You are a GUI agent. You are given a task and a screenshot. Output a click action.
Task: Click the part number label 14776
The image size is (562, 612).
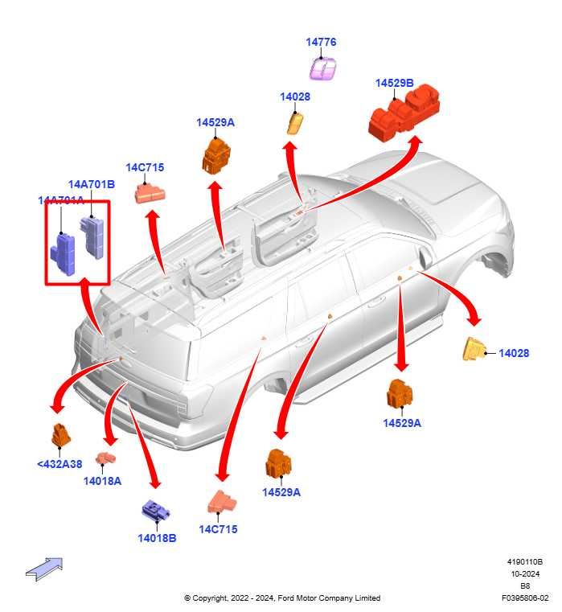321,42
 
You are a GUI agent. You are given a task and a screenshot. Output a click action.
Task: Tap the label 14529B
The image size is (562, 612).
394,83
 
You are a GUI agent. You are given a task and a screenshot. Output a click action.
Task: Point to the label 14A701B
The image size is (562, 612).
91,184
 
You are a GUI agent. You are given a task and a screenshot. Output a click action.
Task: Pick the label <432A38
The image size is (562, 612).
59,464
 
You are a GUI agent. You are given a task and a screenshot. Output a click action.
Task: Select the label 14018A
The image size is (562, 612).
102,481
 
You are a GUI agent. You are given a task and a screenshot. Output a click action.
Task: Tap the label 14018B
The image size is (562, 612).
157,538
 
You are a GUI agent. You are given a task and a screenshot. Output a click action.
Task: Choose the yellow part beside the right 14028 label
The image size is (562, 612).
475,350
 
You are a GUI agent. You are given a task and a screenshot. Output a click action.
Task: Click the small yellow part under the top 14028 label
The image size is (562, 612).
294,123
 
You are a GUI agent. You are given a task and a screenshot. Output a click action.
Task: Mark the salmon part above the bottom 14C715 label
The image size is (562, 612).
222,502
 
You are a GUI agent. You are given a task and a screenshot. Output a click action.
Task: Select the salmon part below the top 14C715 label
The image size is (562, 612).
150,192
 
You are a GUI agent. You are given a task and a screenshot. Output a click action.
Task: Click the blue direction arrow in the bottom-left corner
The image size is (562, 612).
44,568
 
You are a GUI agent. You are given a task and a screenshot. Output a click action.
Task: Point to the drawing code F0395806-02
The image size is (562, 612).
524,598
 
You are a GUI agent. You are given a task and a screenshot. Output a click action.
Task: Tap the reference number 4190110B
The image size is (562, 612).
524,562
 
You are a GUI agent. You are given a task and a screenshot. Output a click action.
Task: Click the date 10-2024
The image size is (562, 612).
524,574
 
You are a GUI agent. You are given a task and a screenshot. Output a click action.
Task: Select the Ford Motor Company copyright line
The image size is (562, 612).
282,598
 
